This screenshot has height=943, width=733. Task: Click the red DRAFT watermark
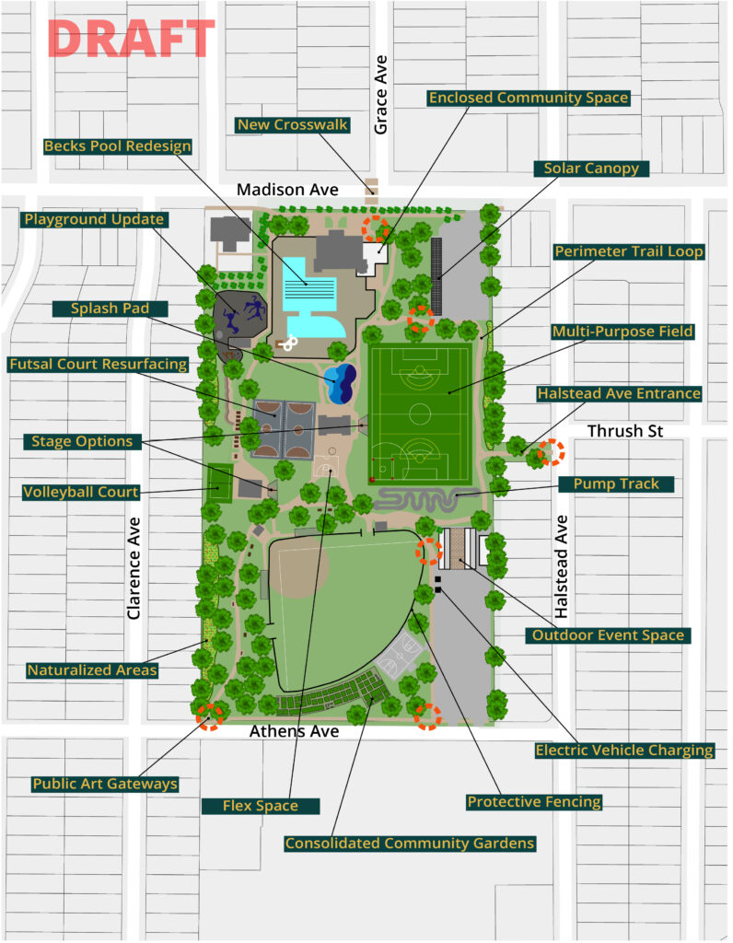130,39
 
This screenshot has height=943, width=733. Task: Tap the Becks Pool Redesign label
118,146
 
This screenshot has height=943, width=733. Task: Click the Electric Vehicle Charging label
624,750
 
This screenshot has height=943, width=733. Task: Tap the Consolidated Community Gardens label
409,844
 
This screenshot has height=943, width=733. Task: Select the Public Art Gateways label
104,784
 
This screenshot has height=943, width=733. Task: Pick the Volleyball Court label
81,493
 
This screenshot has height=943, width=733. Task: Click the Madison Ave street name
287,190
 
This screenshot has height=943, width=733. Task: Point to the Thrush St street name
625,431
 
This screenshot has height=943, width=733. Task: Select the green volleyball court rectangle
220,483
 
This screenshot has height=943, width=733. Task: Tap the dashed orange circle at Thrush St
551,452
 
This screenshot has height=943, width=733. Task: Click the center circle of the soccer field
419,411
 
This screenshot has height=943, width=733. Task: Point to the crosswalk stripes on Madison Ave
372,190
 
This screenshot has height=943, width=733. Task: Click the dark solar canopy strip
436,274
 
